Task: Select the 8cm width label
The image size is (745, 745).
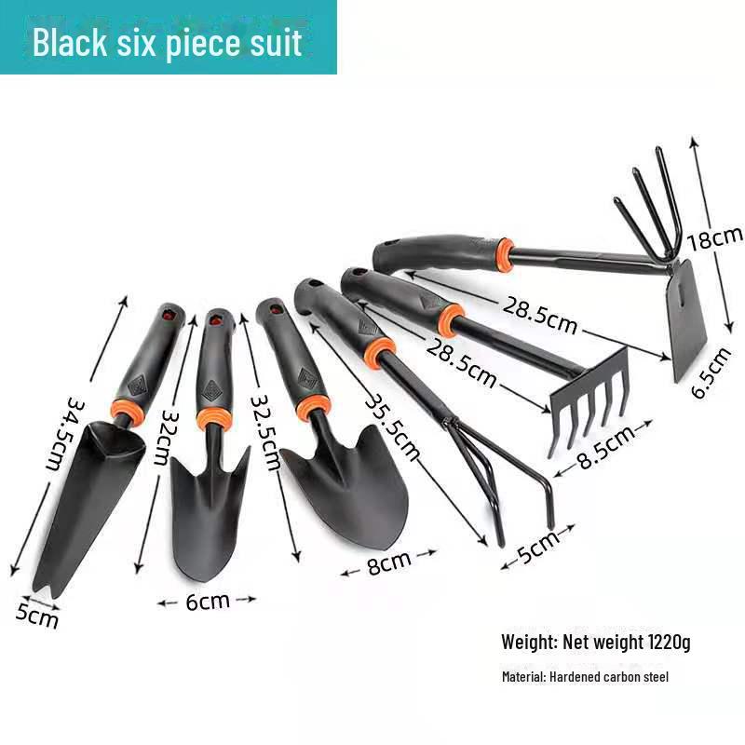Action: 388,563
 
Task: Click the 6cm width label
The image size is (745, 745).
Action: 207,601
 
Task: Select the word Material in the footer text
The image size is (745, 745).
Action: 522,677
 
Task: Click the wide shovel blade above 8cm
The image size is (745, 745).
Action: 349,494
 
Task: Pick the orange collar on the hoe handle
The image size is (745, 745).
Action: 503,253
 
